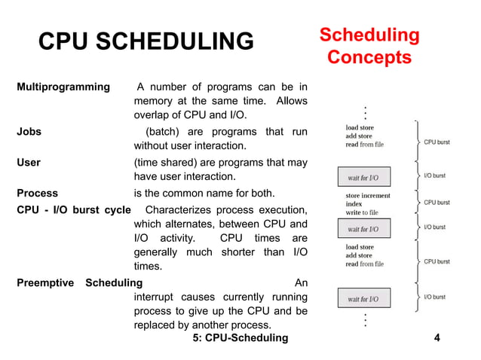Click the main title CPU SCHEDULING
[x=146, y=41]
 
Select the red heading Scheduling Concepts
[x=369, y=46]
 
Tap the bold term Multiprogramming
[x=63, y=87]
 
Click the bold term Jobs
[x=29, y=132]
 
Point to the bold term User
[x=29, y=162]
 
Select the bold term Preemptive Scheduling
[x=79, y=282]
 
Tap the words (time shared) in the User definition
[x=167, y=162]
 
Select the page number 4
[x=438, y=337]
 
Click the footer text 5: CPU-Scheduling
[x=240, y=337]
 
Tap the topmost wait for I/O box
[x=363, y=178]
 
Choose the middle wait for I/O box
[x=363, y=229]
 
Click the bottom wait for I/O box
[x=363, y=299]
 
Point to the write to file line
[x=362, y=212]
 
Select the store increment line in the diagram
[x=368, y=196]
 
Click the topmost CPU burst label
[x=437, y=142]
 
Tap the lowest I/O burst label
[x=434, y=297]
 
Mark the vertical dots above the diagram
[x=365, y=113]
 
